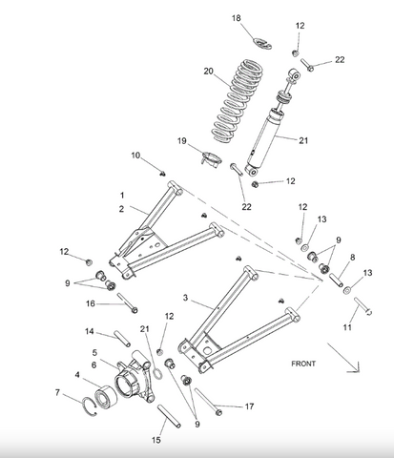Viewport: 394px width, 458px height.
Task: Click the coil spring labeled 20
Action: [238, 100]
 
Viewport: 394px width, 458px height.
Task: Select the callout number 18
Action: [236, 18]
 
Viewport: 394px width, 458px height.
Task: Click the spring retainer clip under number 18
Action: [262, 44]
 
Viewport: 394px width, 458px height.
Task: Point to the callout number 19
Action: [182, 141]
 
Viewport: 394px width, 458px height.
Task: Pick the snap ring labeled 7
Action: [90, 406]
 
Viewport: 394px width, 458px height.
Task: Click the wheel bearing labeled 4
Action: [106, 397]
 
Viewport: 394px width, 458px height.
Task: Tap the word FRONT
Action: [303, 364]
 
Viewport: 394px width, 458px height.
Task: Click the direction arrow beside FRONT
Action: [344, 359]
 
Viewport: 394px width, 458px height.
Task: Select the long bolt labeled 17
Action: [208, 402]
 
